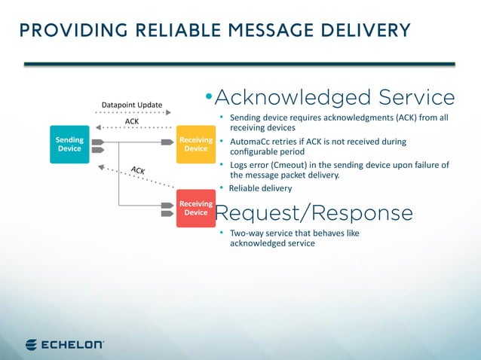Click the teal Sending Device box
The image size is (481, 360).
point(69,143)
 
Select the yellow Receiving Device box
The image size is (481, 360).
point(195,143)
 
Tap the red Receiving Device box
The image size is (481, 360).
point(195,207)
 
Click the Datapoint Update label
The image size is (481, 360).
point(132,105)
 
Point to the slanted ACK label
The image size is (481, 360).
point(138,170)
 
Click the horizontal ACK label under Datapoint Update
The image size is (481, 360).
point(132,121)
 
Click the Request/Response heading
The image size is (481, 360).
point(314,213)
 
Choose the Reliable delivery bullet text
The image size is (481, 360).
point(260,188)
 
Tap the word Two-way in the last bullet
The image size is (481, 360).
point(247,233)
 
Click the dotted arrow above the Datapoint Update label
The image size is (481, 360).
point(132,113)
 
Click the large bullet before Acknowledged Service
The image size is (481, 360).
point(209,98)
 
